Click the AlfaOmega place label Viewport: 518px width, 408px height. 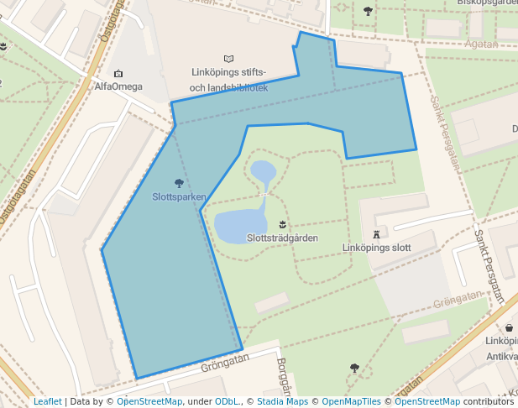point(118,86)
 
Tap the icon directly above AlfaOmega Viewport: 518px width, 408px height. point(118,74)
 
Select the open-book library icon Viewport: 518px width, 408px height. point(229,59)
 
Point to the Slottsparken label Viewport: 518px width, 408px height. point(179,197)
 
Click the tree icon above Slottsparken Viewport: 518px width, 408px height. point(179,183)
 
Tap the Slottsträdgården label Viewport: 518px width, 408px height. point(282,238)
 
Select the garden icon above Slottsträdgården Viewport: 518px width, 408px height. point(283,224)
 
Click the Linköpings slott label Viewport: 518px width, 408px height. point(377,248)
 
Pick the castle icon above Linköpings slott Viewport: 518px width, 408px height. point(377,233)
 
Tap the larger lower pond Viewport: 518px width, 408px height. point(238,225)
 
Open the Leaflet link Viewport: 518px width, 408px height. point(48,401)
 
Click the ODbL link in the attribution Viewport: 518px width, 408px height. point(227,401)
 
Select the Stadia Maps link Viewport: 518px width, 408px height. point(283,401)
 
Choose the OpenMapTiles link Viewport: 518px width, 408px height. point(348,401)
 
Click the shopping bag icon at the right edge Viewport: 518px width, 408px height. point(509,327)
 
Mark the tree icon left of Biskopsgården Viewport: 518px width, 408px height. point(368,11)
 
